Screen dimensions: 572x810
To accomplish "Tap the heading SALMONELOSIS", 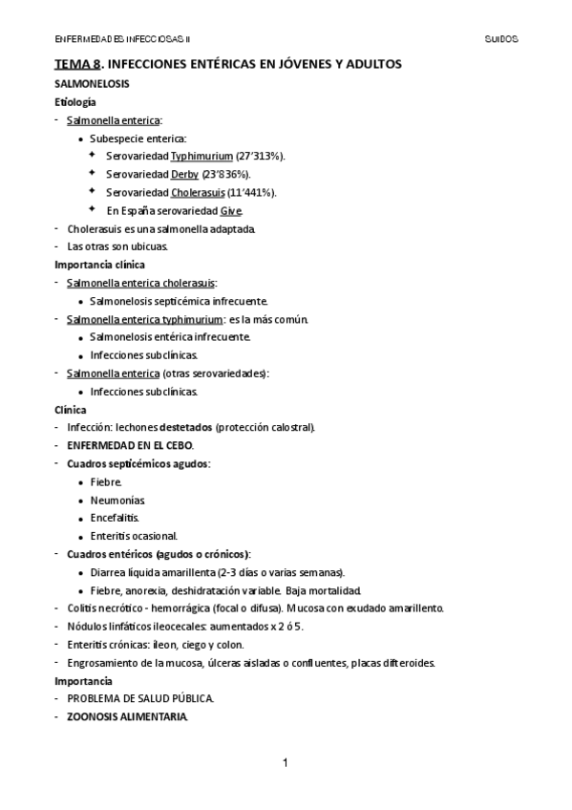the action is coord(92,84).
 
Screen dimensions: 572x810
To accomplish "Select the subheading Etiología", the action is coord(74,101).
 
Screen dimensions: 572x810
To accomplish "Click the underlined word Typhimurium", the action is coord(202,155).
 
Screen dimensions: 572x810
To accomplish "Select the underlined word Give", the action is coord(230,210).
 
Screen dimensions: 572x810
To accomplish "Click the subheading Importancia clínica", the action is coord(99,265).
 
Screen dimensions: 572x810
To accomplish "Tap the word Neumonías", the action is coord(117,500).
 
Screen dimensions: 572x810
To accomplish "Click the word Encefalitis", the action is coord(115,517).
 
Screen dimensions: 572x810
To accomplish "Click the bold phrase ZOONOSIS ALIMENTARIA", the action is coord(127,716).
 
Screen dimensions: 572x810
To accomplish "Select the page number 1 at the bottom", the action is coord(286,762).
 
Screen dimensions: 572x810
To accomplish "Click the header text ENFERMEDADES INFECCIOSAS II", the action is coord(123,39).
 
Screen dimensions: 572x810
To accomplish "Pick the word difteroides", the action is coord(407,662).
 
